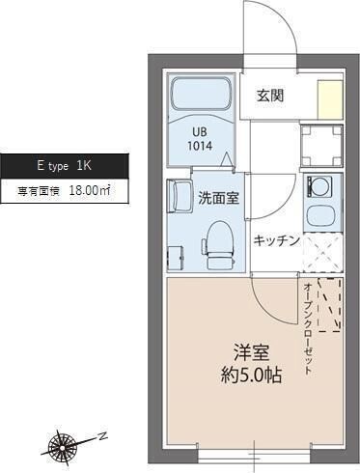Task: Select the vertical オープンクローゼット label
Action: (307, 328)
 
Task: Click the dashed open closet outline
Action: (327, 304)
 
